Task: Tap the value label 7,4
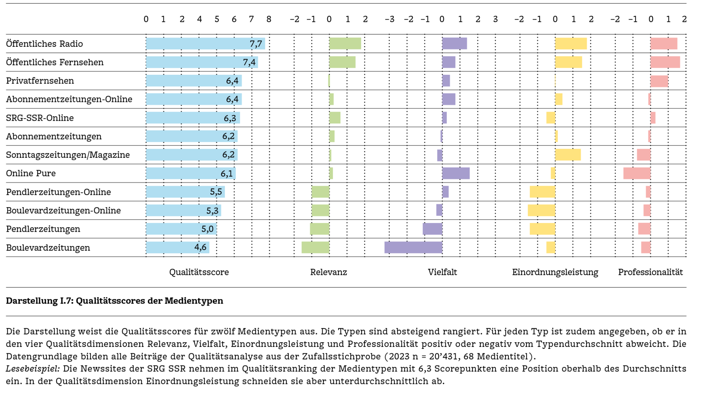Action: pyautogui.click(x=249, y=62)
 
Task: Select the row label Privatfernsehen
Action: pyautogui.click(x=40, y=81)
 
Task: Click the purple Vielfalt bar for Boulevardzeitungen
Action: pyautogui.click(x=413, y=248)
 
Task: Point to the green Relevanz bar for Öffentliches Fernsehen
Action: pyautogui.click(x=342, y=62)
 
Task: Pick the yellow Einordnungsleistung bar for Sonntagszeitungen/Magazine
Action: pyautogui.click(x=568, y=155)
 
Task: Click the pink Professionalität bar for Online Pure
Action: pyautogui.click(x=637, y=173)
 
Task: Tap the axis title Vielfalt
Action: pyautogui.click(x=442, y=272)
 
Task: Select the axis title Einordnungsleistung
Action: pyautogui.click(x=555, y=272)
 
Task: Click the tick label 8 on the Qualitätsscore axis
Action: pyautogui.click(x=269, y=19)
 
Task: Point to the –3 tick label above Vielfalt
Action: pyautogui.click(x=389, y=19)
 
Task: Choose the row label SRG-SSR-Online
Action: pyautogui.click(x=40, y=118)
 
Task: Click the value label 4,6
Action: pyautogui.click(x=200, y=247)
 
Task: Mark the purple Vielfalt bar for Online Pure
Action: pyautogui.click(x=456, y=173)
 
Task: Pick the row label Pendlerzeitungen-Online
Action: pyautogui.click(x=58, y=192)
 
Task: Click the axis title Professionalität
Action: pyautogui.click(x=650, y=272)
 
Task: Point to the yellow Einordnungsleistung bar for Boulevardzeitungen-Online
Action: pyautogui.click(x=541, y=210)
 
